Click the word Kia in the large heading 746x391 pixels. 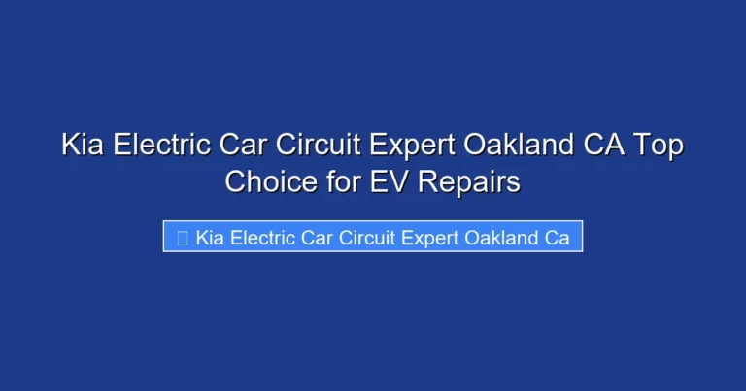(82, 147)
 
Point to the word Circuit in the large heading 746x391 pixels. (319, 147)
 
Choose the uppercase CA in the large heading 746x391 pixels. (602, 147)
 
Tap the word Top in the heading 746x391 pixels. (661, 147)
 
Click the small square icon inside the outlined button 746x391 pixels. (182, 238)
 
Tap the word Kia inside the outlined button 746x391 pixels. (208, 238)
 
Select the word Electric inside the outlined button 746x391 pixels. (258, 238)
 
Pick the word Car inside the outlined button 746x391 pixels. (313, 238)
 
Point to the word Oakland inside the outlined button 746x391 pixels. (494, 238)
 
